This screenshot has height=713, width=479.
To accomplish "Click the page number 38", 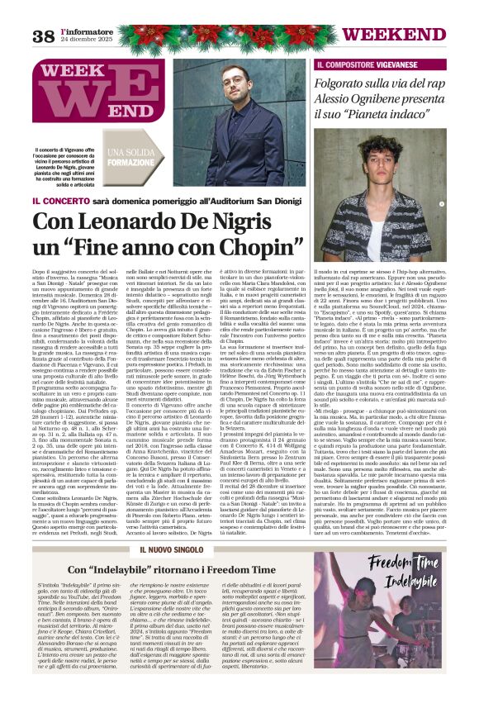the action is click(x=43, y=36).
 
